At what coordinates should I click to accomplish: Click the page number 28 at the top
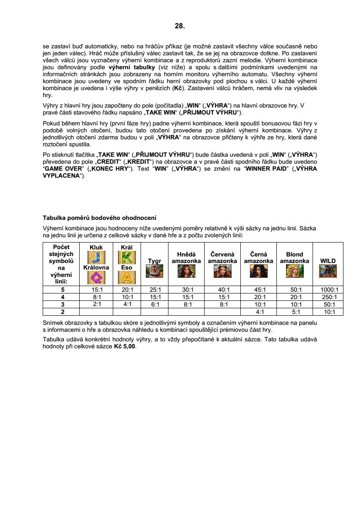pos(180,26)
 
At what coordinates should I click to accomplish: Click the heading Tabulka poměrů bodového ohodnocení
pos(99,218)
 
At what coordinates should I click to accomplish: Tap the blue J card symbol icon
pos(96,257)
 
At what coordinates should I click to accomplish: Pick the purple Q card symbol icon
pos(96,277)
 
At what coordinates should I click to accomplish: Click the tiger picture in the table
pos(155,271)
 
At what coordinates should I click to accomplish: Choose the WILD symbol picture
pos(328,271)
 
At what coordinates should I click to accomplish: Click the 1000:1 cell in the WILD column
pos(328,290)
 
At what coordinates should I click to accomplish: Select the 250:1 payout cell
pos(328,297)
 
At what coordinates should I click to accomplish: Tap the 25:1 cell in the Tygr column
pos(155,290)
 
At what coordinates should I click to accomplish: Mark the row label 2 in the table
pos(63,312)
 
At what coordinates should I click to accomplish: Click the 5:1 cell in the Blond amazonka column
pos(294,312)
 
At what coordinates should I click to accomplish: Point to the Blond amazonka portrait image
pos(294,271)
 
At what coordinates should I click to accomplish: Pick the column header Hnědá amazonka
pos(186,258)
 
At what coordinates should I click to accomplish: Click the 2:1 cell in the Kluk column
pos(96,304)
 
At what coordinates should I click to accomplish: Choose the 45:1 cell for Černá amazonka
pos(258,290)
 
